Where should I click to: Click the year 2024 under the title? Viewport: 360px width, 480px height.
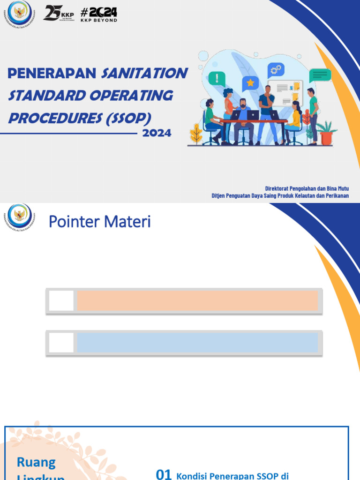pos(157,133)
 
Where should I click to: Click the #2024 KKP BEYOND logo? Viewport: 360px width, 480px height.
pos(99,14)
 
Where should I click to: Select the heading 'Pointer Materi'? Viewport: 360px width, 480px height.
pos(100,222)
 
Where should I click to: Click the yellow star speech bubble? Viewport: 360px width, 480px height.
pos(250,83)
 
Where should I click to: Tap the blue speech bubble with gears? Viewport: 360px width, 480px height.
pos(276,70)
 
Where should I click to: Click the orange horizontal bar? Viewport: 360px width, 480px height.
pos(197,300)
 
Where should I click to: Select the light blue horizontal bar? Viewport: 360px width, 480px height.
pos(197,343)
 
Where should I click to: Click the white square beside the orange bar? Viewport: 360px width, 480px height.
pos(61,300)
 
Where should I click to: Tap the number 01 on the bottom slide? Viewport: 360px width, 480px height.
pos(164,474)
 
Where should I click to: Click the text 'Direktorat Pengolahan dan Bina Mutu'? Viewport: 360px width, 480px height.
pos(307,188)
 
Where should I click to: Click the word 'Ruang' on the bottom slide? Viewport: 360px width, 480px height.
pos(36,462)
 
